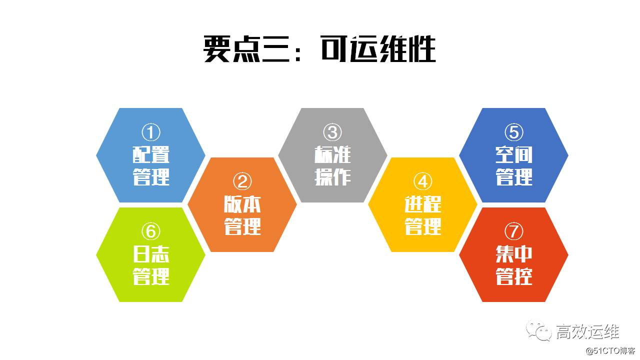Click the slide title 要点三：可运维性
tap(320, 49)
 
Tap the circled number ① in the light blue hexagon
tap(151, 132)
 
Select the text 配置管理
tap(151, 165)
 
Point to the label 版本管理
tap(242, 215)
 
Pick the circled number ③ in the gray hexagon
tap(332, 132)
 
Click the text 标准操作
tap(332, 165)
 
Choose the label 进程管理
tap(423, 215)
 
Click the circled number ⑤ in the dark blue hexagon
tap(513, 132)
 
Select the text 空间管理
tap(513, 165)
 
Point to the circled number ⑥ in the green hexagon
tap(151, 231)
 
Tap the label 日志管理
tap(151, 265)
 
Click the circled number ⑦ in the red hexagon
tap(513, 231)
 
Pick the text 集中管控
tap(513, 265)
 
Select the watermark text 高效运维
tap(587, 331)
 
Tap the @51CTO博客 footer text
tap(610, 350)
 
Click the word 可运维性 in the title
tap(378, 49)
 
